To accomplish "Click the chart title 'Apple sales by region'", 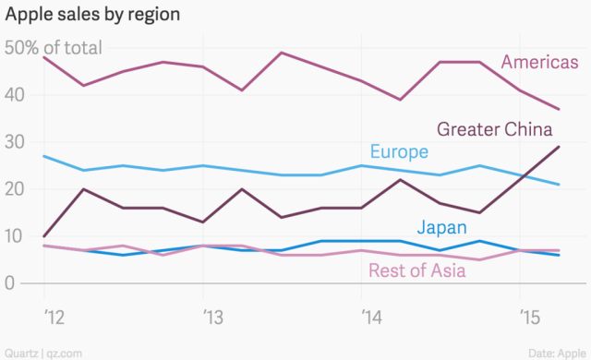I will coord(92,16).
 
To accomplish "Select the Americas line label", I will coord(539,62).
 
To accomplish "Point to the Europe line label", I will coord(399,152).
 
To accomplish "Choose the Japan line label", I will coord(441,227).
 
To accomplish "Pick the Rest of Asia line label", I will coord(416,270).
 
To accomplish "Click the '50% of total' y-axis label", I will coord(54,48).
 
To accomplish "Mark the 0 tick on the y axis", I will coord(11,283).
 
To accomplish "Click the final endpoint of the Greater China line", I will coord(560,147).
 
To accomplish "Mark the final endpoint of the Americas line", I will coord(560,109).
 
